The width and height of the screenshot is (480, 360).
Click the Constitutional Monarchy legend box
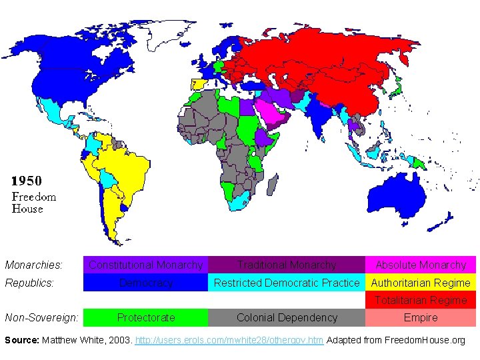click(145, 265)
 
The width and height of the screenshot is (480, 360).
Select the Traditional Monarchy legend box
click(287, 265)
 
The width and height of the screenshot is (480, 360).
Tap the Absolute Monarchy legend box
click(421, 265)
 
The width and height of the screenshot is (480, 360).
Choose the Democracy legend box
click(145, 283)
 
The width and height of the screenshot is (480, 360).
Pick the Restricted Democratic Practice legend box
click(287, 283)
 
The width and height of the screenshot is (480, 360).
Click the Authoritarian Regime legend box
click(421, 283)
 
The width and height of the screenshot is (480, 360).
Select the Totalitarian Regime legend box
click(421, 301)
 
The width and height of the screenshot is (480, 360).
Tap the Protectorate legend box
click(145, 318)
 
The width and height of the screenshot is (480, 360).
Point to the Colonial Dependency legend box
click(287, 318)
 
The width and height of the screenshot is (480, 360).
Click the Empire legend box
click(421, 318)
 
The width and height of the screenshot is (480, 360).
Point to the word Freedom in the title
click(34, 196)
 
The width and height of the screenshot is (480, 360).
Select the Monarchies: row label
click(34, 265)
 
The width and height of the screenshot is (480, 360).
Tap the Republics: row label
click(30, 283)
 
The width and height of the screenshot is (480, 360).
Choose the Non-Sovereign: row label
click(41, 318)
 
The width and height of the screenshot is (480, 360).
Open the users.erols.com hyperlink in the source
click(229, 340)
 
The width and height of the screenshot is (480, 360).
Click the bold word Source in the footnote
click(21, 340)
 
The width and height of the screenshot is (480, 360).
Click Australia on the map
click(399, 190)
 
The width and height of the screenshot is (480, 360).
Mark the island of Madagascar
click(272, 186)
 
